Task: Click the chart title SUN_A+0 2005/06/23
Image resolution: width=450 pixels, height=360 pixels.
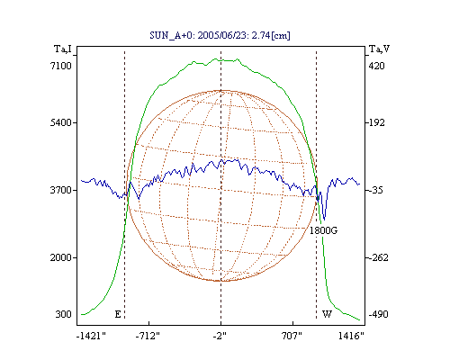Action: [x=220, y=35]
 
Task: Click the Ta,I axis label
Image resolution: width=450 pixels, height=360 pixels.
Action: [x=63, y=49]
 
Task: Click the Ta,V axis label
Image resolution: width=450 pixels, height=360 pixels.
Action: [x=379, y=49]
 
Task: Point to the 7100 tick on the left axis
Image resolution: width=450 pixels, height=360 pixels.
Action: [x=61, y=66]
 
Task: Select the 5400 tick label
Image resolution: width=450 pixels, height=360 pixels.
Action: [x=61, y=122]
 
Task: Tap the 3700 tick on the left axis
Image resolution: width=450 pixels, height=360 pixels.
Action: [x=61, y=190]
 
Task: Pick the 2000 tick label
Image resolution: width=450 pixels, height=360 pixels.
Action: [x=61, y=257]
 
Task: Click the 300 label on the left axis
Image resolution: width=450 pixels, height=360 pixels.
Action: [x=63, y=314]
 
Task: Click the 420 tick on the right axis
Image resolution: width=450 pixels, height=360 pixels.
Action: [x=377, y=66]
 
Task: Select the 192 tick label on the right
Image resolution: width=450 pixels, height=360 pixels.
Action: [x=377, y=122]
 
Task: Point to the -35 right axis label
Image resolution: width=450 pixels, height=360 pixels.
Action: [x=376, y=190]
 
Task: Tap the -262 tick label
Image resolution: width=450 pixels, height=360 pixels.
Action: [x=378, y=257]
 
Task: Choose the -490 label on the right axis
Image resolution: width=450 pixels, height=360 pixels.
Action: [x=378, y=314]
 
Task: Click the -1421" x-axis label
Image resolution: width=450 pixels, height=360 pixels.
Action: [x=91, y=336]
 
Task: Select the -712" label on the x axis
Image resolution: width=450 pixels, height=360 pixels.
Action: [x=148, y=336]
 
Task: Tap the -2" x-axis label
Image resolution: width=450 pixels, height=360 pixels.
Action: [x=220, y=336]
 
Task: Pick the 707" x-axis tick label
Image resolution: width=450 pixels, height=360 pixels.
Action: [x=292, y=336]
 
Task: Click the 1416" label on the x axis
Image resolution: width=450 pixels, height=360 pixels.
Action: [x=351, y=336]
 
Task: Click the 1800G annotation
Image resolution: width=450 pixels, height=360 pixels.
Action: [x=323, y=230]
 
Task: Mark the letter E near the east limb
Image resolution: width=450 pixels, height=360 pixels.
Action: [x=118, y=314]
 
